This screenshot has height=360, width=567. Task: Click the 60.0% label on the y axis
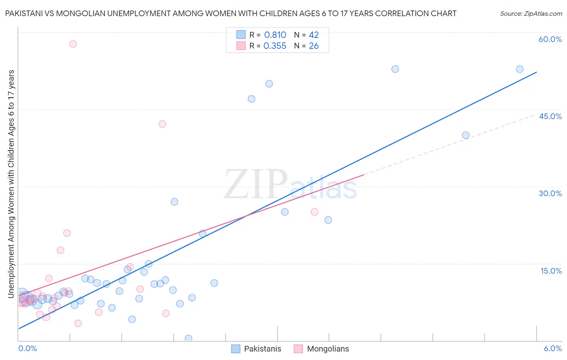(x=550, y=39)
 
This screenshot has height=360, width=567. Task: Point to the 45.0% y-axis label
(x=550, y=116)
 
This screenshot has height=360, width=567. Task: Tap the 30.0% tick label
(x=550, y=193)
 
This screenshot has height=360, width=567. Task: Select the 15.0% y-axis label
(x=551, y=271)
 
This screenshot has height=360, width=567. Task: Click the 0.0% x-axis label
(x=27, y=348)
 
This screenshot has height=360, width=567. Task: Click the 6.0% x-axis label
(x=552, y=348)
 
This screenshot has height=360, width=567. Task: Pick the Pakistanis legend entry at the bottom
(x=256, y=349)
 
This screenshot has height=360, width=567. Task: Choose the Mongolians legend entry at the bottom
(x=321, y=349)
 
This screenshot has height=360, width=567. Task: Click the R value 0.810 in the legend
(x=275, y=35)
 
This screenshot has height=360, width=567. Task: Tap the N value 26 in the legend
(x=314, y=46)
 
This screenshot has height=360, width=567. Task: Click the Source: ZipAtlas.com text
(x=531, y=14)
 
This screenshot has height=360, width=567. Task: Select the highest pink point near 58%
(x=73, y=44)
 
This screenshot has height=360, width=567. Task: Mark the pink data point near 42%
(x=162, y=124)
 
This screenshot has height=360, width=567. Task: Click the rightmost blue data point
(x=519, y=69)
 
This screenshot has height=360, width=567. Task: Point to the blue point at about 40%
(x=465, y=136)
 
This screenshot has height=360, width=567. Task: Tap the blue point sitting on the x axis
(x=188, y=338)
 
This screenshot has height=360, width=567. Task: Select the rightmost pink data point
(x=315, y=212)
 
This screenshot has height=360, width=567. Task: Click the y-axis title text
(x=11, y=184)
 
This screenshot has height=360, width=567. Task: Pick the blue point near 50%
(x=269, y=84)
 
